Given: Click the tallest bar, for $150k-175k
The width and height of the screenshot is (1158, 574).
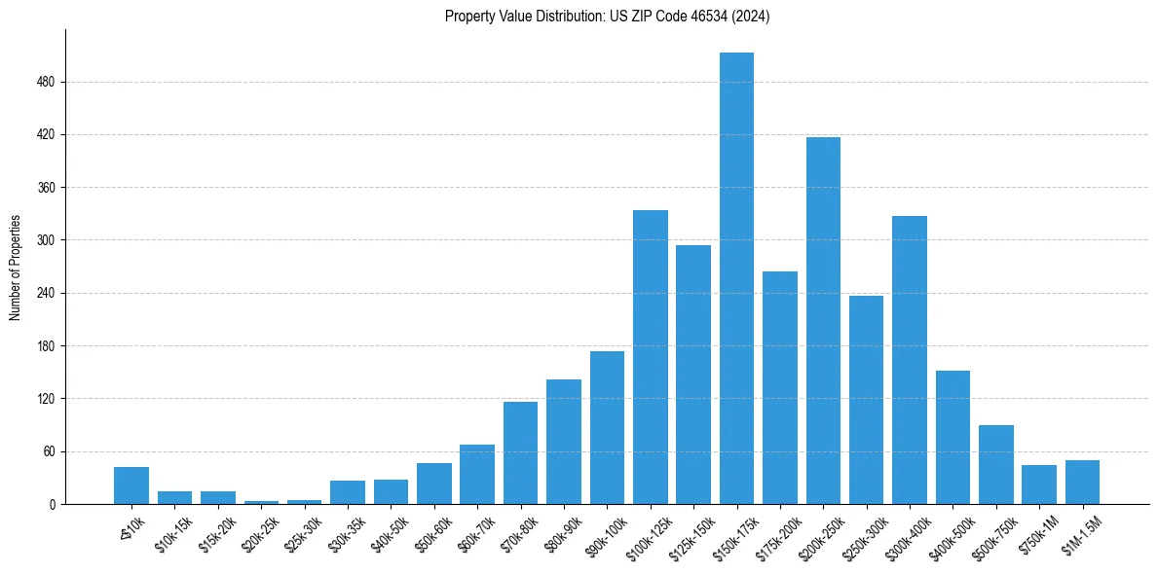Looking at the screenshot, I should coord(736,278).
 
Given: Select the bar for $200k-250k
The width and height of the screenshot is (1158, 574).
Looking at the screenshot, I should coord(823,321).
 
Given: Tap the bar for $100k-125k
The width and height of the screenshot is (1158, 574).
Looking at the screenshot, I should coord(651,357).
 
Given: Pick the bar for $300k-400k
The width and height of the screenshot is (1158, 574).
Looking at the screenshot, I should coord(910,360).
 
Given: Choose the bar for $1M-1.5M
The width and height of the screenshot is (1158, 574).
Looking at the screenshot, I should coord(1082,483).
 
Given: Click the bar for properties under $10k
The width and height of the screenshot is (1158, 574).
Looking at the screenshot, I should coord(131,485).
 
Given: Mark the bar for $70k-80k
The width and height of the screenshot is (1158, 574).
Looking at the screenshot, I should coord(520,453).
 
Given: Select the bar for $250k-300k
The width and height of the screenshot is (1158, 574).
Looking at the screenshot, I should coord(866,400).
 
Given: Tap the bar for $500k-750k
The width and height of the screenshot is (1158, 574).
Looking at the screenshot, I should coord(996,465).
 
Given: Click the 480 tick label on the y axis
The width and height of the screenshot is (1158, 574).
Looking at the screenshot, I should coord(46,83).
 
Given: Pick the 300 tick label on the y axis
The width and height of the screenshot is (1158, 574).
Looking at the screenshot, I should coord(46,240).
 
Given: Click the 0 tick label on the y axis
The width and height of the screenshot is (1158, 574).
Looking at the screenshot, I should coord(52,504).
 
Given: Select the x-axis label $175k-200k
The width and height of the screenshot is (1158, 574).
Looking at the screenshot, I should coord(778,531).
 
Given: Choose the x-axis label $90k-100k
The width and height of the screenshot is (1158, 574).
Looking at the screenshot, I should coord(605,531).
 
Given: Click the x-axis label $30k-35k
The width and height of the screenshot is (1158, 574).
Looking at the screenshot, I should coord(346,530).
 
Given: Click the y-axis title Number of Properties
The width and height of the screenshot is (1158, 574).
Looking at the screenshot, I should coord(15,267).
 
